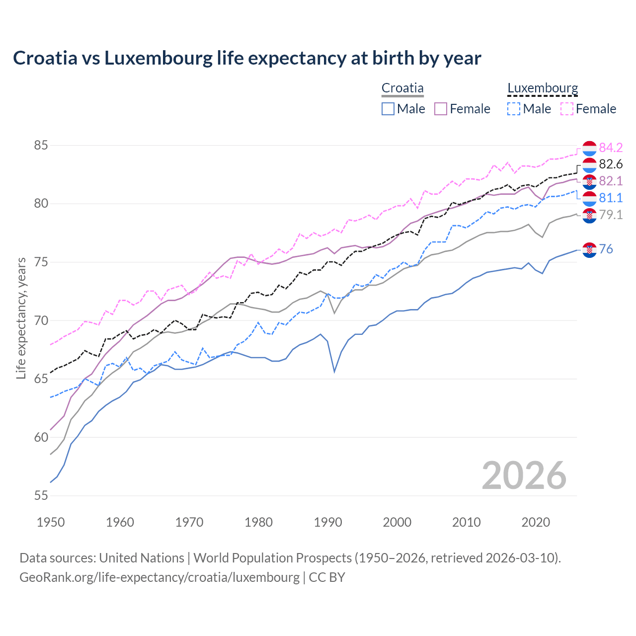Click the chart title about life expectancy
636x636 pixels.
click(x=247, y=58)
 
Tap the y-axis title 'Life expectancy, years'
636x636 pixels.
click(x=21, y=318)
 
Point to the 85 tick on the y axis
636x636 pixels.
click(x=41, y=146)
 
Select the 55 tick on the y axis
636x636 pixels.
click(x=41, y=495)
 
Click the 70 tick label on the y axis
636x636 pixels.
click(x=41, y=320)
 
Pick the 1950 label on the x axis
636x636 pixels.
click(x=51, y=522)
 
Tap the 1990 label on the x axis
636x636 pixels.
click(x=328, y=522)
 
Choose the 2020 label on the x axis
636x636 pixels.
click(x=536, y=522)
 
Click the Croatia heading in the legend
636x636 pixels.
click(x=402, y=88)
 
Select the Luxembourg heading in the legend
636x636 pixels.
click(x=543, y=88)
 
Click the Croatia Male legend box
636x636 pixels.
click(x=388, y=109)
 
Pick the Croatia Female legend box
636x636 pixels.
click(x=441, y=109)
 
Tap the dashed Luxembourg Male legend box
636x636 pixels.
click(x=514, y=109)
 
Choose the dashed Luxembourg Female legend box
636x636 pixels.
click(x=567, y=109)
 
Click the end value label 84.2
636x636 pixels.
click(x=611, y=148)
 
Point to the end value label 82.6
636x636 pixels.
click(x=611, y=164)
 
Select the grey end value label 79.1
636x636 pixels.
click(x=611, y=215)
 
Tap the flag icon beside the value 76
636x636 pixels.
click(x=589, y=250)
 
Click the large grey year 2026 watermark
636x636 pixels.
click(x=524, y=476)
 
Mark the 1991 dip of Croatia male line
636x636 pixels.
click(x=334, y=372)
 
